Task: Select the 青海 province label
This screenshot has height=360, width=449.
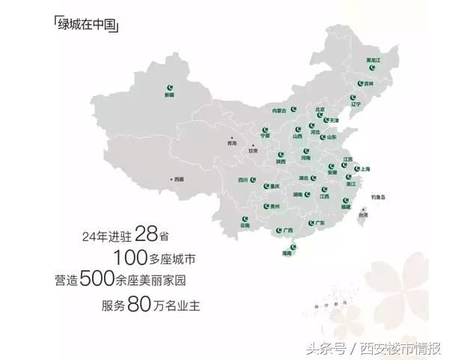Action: [x=231, y=142]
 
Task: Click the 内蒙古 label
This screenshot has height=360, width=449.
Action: [x=280, y=110]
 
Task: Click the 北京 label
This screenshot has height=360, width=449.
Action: [x=320, y=109]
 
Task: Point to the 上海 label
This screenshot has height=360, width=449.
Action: [x=365, y=169]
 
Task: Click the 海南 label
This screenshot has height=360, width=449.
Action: [x=286, y=253]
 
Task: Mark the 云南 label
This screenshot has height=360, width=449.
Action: [x=245, y=225]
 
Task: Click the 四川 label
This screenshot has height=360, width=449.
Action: [x=242, y=180]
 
